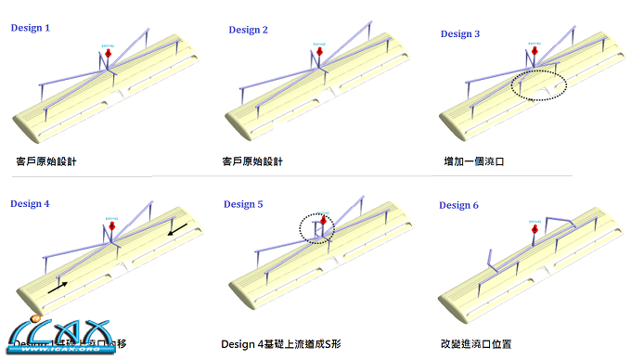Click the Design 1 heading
(31, 28)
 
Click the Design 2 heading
(248, 30)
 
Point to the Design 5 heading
(243, 204)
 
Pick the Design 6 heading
(459, 205)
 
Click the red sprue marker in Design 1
(109, 57)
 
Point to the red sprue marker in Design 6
(535, 235)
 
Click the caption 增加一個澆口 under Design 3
(474, 161)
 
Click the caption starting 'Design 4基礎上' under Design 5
(281, 343)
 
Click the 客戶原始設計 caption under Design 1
(46, 161)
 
